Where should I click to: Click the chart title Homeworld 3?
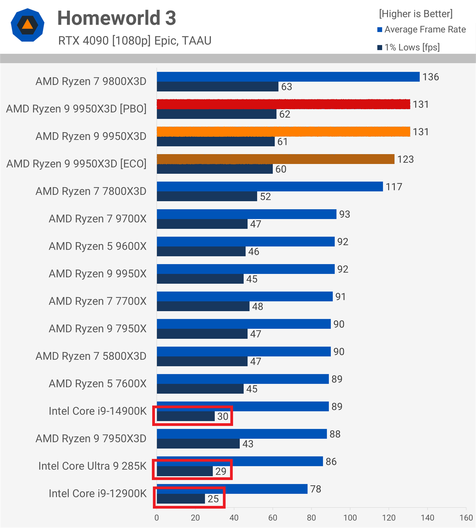[x=117, y=18]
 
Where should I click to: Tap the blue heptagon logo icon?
[x=28, y=25]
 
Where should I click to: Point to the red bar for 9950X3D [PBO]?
[x=283, y=104]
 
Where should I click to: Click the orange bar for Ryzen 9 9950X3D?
[x=283, y=132]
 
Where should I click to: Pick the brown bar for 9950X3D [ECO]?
[x=276, y=159]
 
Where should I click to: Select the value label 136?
[x=430, y=77]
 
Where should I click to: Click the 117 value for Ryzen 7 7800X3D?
[x=394, y=187]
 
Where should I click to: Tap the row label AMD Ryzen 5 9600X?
[x=98, y=246]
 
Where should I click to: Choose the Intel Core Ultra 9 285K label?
[x=92, y=466]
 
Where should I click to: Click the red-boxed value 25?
[x=213, y=499]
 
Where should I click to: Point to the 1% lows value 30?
[x=223, y=416]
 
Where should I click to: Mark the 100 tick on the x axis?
[x=350, y=518]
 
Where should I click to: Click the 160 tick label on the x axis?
[x=466, y=518]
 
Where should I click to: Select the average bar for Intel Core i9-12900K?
[x=232, y=489]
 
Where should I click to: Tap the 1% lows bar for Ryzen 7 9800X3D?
[x=217, y=86]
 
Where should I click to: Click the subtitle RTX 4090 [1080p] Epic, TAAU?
[x=135, y=41]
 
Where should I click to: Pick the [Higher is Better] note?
[x=416, y=14]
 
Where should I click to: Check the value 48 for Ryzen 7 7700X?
[x=257, y=307]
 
